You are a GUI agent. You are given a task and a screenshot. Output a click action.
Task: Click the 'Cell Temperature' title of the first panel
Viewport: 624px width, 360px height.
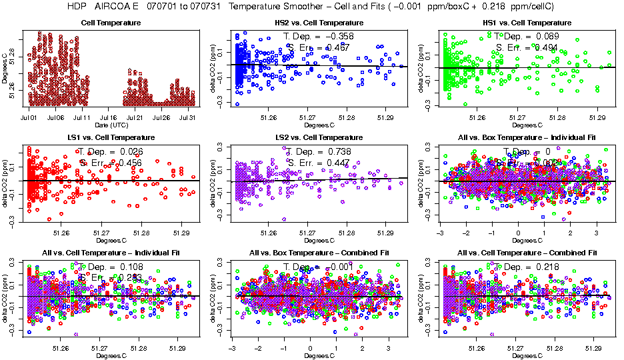click(111, 23)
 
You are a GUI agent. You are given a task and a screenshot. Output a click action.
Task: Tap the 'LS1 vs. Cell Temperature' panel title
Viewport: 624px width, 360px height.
click(111, 138)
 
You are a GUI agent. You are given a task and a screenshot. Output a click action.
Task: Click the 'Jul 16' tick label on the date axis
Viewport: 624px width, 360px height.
click(109, 118)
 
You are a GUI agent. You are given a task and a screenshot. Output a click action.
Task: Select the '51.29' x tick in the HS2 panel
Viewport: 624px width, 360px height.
click(385, 118)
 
